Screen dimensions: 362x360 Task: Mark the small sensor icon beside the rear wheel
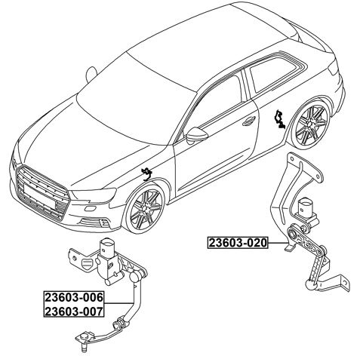pos(279,118)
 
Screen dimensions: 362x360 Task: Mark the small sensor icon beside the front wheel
pos(145,174)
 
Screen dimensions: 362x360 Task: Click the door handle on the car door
pos(248,121)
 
